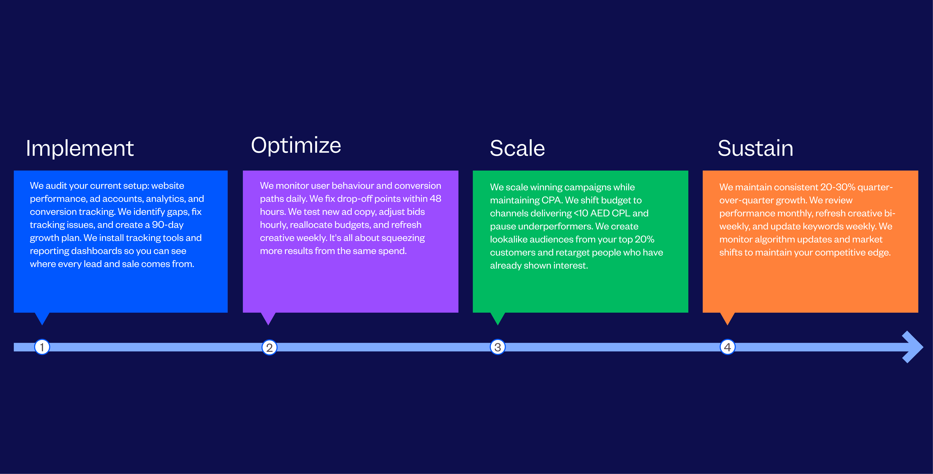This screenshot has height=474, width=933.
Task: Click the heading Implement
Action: pyautogui.click(x=80, y=148)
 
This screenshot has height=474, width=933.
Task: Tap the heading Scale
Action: pyautogui.click(x=517, y=148)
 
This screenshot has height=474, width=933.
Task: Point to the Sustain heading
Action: pyautogui.click(x=755, y=148)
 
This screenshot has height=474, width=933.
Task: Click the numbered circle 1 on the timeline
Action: pyautogui.click(x=42, y=347)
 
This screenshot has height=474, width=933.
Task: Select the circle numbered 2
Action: pyautogui.click(x=269, y=347)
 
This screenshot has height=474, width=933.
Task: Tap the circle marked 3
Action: pyautogui.click(x=498, y=347)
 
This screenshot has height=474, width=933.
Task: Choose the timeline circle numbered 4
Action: pyautogui.click(x=727, y=347)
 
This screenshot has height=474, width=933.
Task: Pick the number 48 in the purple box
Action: pyautogui.click(x=435, y=199)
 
